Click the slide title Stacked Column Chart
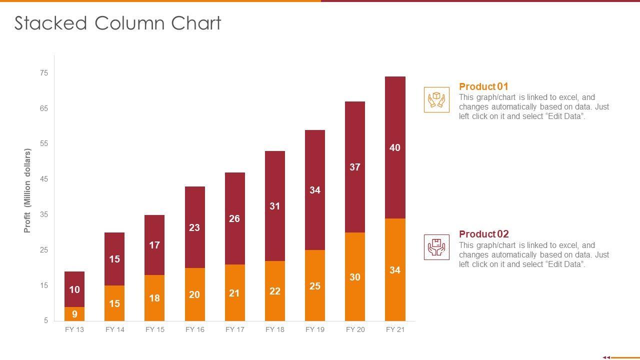(117, 23)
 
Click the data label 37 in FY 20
(355, 167)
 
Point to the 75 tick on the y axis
(44, 73)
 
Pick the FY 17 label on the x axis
(234, 329)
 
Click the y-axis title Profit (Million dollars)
(27, 191)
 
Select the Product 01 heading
(483, 86)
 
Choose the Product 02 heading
(483, 234)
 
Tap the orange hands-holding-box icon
(436, 99)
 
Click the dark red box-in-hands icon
(436, 247)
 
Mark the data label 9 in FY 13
(74, 314)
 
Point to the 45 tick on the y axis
(44, 179)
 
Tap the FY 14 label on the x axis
(114, 329)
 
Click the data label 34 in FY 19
(315, 190)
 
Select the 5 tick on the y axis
(45, 320)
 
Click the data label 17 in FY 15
(154, 245)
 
